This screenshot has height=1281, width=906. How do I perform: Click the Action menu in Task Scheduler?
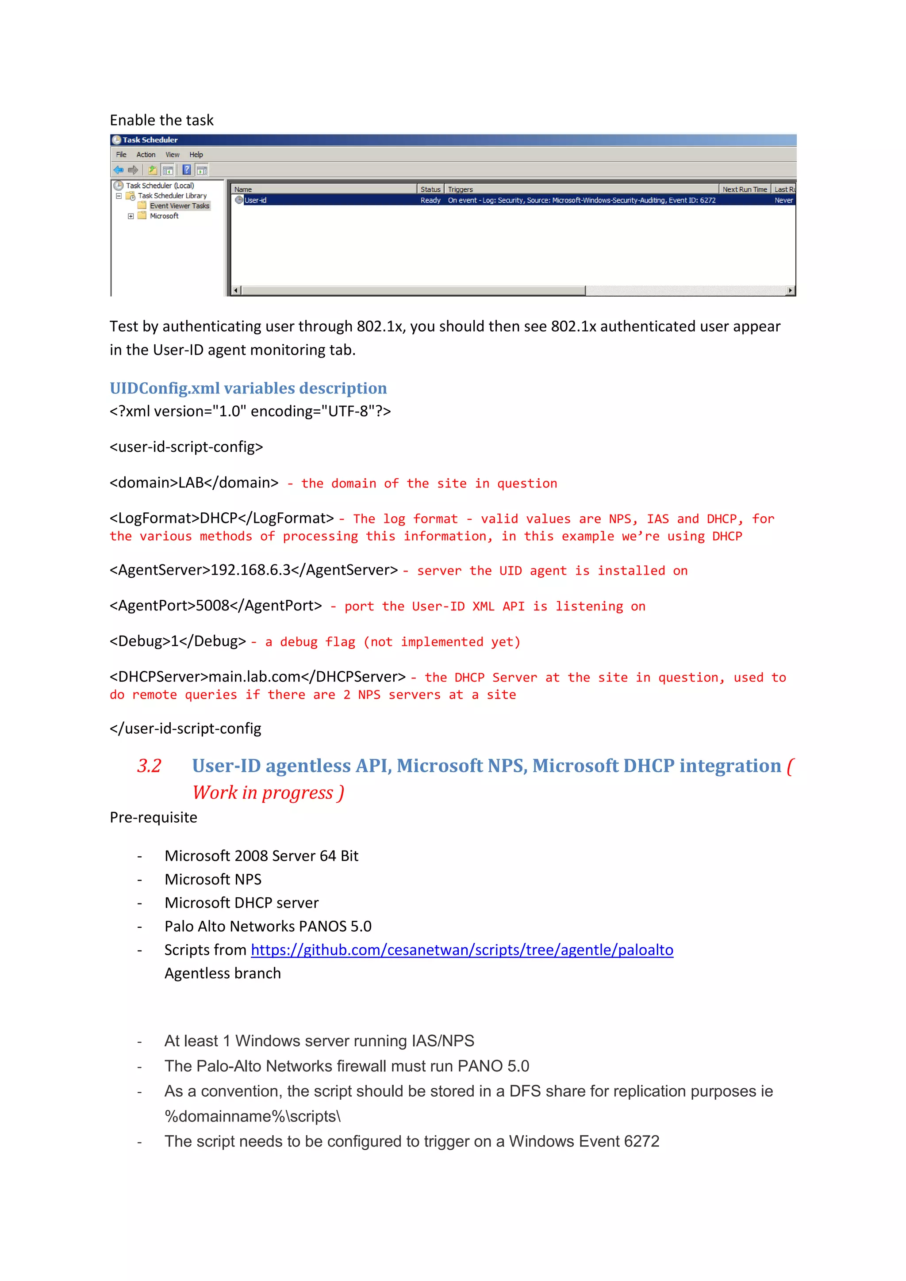click(146, 155)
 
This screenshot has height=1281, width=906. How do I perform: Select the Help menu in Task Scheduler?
click(196, 155)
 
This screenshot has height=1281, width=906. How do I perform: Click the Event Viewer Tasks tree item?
click(179, 206)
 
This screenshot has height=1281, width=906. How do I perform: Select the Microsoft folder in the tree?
click(164, 216)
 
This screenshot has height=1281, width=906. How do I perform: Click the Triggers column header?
click(460, 189)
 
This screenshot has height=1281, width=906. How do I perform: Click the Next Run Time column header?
click(744, 189)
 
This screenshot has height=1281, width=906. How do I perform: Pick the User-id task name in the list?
click(255, 200)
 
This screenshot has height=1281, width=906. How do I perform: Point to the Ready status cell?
click(430, 200)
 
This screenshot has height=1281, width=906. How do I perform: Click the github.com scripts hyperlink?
click(462, 949)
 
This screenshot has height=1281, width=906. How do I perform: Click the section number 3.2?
click(149, 766)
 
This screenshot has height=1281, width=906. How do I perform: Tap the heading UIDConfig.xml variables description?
click(248, 388)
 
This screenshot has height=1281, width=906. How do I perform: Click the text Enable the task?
click(161, 120)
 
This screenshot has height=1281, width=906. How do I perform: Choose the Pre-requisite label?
click(154, 817)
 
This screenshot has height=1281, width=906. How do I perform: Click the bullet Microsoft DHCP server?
click(241, 903)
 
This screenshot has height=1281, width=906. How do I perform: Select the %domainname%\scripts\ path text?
click(252, 1117)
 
